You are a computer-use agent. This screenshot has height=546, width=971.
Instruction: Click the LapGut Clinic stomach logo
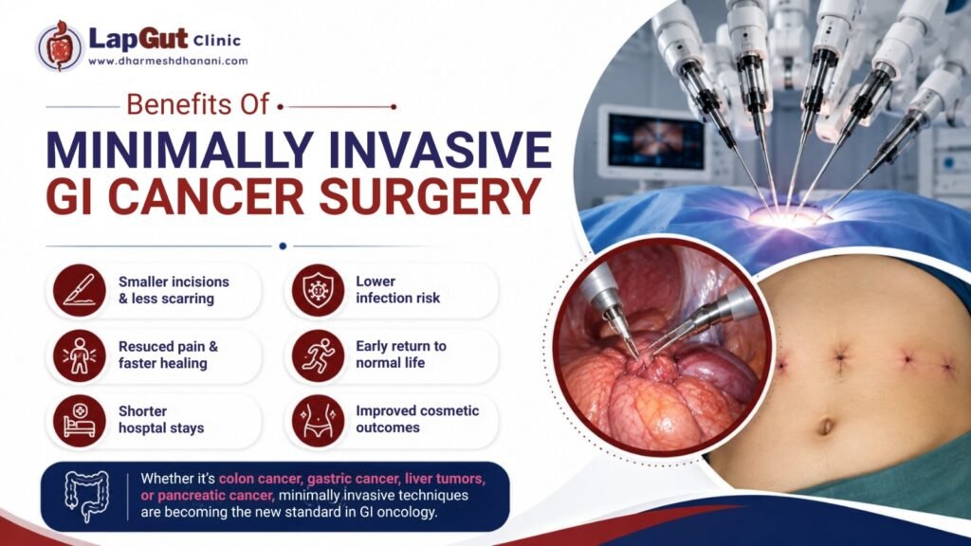59,47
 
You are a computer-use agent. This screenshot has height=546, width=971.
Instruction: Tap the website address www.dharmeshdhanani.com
168,62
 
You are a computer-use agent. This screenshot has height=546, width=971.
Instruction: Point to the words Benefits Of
197,104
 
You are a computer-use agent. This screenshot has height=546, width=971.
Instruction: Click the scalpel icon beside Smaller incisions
80,290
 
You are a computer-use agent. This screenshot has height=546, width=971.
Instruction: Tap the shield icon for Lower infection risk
318,290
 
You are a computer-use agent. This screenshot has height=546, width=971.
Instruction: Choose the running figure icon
318,355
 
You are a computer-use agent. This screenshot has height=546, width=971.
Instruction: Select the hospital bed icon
80,421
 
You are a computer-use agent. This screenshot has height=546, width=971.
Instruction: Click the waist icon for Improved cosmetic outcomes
318,421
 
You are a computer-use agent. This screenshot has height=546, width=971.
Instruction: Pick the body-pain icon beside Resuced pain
80,355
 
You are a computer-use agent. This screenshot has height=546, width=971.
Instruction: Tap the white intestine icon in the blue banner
87,496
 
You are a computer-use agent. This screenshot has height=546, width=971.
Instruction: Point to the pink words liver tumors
445,479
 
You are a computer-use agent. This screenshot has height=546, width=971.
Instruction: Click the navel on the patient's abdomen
826,427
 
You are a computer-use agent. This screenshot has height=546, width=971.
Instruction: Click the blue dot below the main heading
283,246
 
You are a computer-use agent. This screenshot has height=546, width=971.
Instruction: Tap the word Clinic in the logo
217,41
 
